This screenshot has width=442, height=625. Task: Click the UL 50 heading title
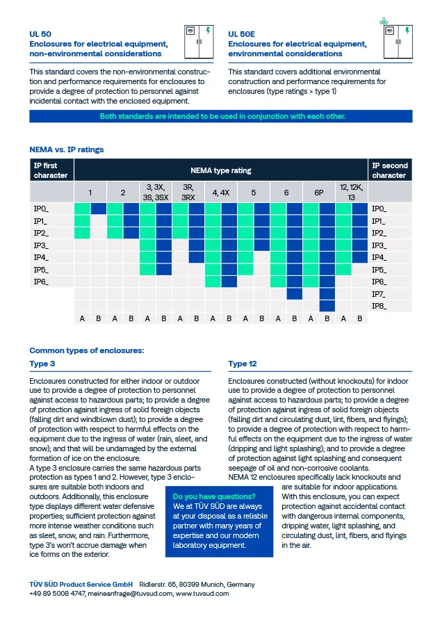pos(40,33)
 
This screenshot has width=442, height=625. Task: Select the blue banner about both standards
pos(221,116)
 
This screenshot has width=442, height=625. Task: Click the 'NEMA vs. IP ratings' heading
pos(67,149)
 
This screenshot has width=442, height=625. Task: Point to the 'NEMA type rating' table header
pos(221,170)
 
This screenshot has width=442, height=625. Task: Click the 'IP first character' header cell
pos(51,170)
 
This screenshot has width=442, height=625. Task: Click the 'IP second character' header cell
pos(390,170)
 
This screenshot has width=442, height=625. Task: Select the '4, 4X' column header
pos(221,192)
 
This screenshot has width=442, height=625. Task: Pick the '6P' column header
pos(319,192)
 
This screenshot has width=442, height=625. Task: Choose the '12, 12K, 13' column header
pos(352,192)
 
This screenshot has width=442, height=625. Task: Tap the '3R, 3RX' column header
pos(188,192)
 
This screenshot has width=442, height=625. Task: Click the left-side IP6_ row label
pos(42,282)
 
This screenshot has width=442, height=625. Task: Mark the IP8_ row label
pos(379,306)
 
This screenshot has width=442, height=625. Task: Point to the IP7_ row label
pos(379,294)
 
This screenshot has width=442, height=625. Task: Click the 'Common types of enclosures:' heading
pos(87,350)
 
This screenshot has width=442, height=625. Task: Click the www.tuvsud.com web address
pos(202,594)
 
